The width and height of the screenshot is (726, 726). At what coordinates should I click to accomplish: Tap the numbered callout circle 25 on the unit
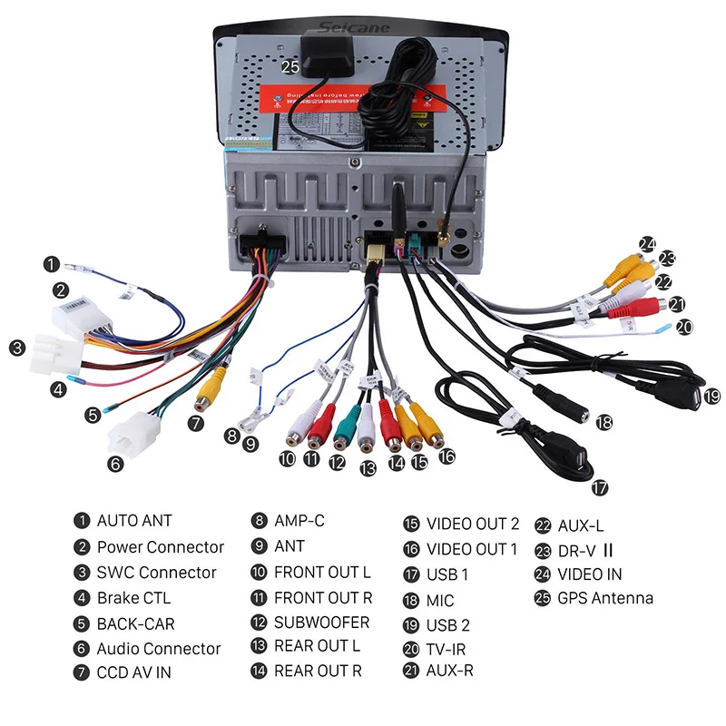click(x=289, y=67)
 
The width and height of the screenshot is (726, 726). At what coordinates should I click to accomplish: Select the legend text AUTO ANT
click(x=134, y=521)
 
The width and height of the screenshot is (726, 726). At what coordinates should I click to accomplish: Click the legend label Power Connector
click(x=160, y=547)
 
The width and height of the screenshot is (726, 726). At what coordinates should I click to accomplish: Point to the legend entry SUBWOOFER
click(x=321, y=623)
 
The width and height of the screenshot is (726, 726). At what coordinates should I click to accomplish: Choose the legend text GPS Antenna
click(x=604, y=598)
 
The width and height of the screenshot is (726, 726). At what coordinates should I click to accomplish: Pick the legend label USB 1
click(x=447, y=574)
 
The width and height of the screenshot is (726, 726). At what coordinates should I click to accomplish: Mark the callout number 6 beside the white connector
click(x=115, y=465)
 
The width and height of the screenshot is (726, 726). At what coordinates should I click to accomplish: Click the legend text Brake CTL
click(x=133, y=598)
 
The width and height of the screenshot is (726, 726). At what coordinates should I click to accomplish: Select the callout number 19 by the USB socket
click(x=711, y=396)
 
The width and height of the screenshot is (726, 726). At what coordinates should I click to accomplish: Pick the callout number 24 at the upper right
click(x=647, y=243)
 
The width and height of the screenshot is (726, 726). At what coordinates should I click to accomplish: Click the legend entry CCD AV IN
click(x=133, y=672)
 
